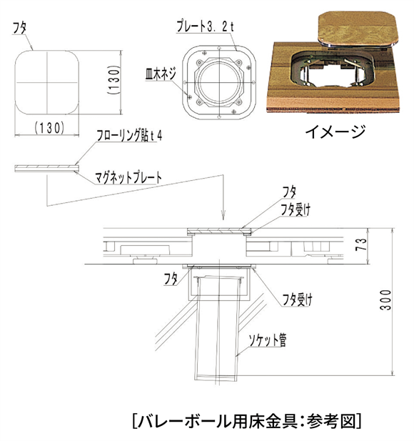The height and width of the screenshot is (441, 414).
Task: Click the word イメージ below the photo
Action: pos(335,131)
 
